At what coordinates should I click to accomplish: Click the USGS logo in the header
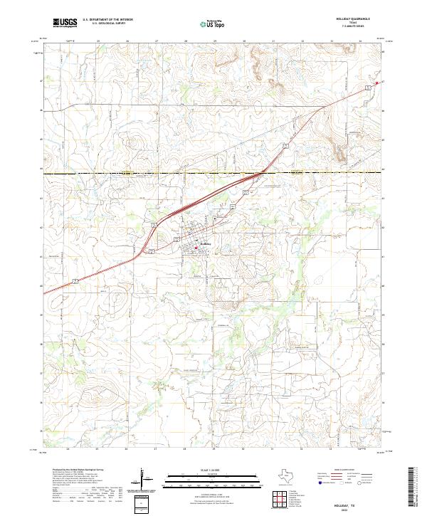(x=65, y=23)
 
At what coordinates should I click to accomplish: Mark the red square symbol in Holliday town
(x=196, y=248)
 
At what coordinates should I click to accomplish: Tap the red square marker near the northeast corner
(x=376, y=83)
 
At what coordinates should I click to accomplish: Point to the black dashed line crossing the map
(x=142, y=173)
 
